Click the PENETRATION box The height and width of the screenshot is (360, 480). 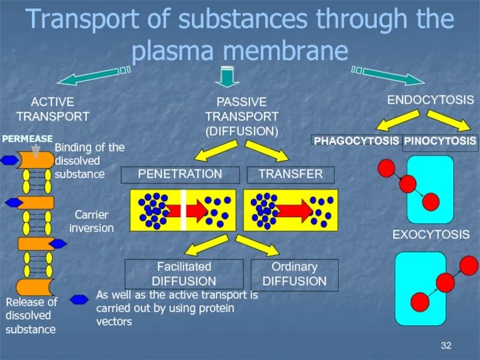coord(180,175)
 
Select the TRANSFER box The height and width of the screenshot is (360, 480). coord(290,175)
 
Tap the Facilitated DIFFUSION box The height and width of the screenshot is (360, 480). coord(184,274)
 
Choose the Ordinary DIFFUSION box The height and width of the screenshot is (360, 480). coord(294,274)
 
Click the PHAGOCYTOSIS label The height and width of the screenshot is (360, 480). coord(356,141)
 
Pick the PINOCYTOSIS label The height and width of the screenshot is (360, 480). coord(440,141)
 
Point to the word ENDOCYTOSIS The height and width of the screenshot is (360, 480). coord(430,100)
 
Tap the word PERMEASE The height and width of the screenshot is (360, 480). coord(27,139)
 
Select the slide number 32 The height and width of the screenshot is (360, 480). coord(445,345)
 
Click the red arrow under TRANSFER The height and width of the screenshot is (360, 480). coord(294,210)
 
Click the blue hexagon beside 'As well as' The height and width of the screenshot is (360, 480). coord(79,299)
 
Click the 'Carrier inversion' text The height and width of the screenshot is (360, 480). coord(91,221)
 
